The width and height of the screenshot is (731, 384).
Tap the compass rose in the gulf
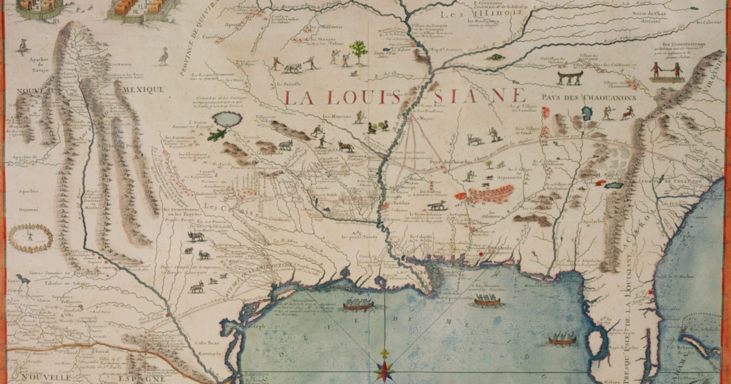pos(384,369)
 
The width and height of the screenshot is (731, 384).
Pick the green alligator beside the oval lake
pos(216,135)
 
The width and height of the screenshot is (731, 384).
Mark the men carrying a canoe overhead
pos(570,76)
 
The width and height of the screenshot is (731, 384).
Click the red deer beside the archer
pos(627,113)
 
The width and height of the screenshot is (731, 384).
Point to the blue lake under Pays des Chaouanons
pos(588,113)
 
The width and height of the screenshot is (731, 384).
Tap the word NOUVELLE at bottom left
pos(36,377)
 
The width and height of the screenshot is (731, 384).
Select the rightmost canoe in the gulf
pos(562,340)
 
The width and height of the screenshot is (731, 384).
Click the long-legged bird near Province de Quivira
pos(163,56)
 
